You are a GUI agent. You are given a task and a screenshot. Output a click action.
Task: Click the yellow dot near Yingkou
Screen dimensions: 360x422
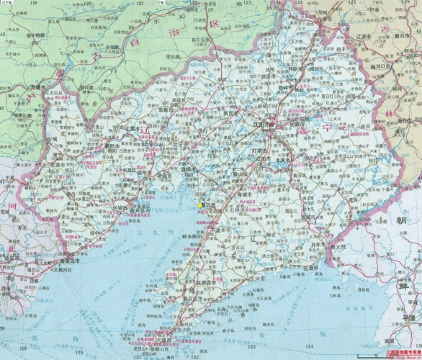click(x=200, y=205)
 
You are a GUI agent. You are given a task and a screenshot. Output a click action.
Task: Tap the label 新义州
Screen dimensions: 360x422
click(x=336, y=246)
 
